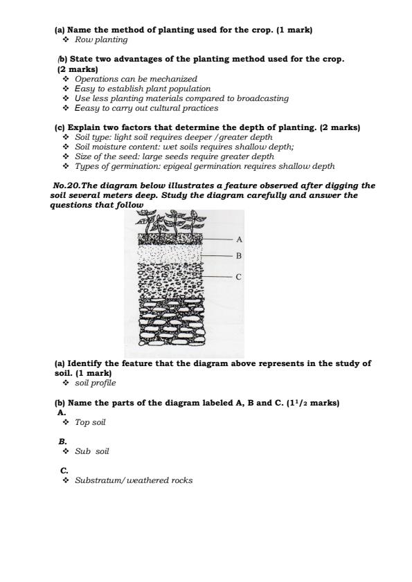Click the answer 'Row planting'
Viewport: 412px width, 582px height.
101,40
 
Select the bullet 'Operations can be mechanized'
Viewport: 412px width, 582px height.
136,80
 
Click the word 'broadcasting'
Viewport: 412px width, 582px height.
263,98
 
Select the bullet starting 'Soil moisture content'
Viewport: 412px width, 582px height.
184,147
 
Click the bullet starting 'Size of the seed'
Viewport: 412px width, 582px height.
174,156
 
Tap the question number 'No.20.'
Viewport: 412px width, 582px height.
66,186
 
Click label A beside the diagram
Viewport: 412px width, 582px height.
239,239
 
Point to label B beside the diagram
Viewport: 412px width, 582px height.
239,256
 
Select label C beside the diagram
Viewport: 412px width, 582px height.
239,277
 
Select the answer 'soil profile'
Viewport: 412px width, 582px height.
96,383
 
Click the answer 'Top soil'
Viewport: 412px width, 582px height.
90,422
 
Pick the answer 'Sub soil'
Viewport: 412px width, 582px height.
92,451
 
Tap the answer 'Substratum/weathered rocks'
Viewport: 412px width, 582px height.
134,480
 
